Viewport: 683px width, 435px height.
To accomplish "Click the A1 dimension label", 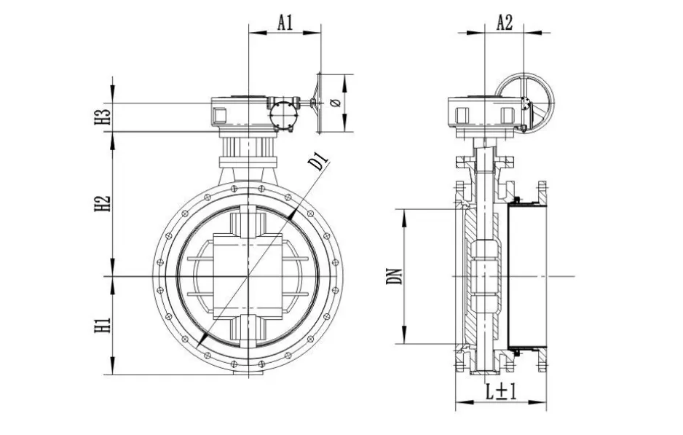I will (285, 23).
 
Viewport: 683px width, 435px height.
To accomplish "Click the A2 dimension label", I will (505, 23).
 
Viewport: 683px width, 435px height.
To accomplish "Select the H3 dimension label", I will (103, 117).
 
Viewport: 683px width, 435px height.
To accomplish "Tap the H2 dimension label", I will (103, 203).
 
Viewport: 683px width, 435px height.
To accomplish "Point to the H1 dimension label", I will (103, 325).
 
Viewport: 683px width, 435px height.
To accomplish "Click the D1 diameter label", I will (318, 161).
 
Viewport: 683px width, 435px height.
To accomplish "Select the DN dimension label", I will (395, 276).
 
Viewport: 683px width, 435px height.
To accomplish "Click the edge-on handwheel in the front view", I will (318, 103).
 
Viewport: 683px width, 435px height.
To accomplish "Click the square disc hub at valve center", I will (248, 276).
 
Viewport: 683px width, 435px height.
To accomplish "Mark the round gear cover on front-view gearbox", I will (283, 115).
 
